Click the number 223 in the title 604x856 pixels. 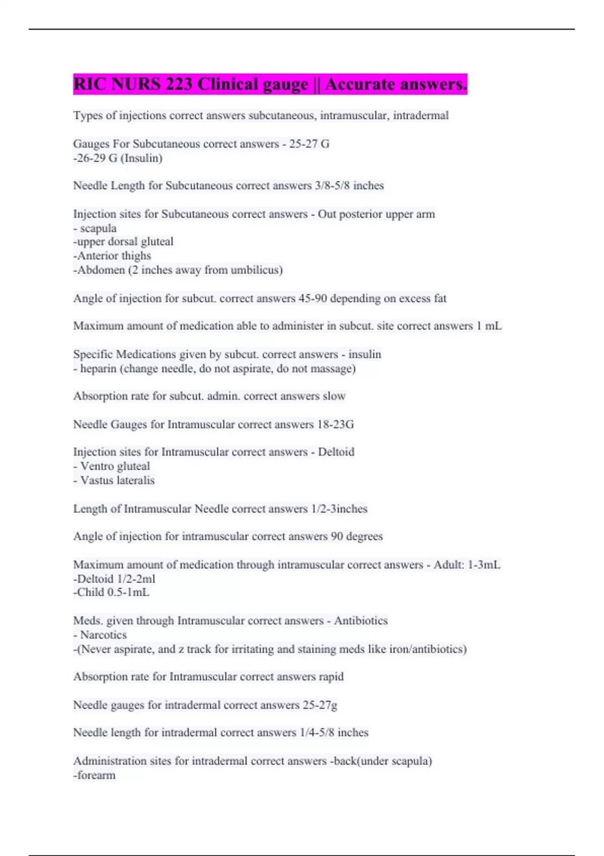coord(179,84)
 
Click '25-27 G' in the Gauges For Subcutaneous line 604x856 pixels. coord(309,144)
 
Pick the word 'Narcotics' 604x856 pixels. coord(103,635)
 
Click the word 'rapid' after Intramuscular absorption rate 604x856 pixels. coord(331,677)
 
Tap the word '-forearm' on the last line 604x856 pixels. coord(94,775)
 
